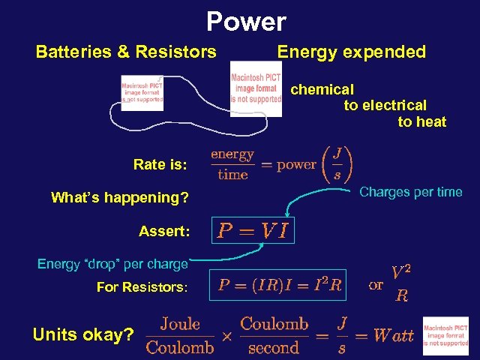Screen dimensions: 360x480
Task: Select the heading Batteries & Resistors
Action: (x=126, y=52)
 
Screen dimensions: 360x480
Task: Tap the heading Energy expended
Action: (x=351, y=52)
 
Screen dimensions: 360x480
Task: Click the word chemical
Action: (x=322, y=89)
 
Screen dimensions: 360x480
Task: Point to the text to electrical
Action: (x=385, y=106)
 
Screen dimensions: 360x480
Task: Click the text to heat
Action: (x=421, y=122)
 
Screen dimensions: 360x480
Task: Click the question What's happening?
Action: (x=119, y=198)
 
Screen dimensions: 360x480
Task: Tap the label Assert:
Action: (x=163, y=232)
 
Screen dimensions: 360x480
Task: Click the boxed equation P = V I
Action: (x=253, y=231)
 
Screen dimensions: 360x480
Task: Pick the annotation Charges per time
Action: (x=410, y=192)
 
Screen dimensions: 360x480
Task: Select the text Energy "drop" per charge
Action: (x=112, y=263)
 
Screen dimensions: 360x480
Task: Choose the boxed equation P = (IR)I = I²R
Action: (x=280, y=285)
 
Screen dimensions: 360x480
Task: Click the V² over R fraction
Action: (x=402, y=283)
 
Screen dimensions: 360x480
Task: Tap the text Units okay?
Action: (x=83, y=334)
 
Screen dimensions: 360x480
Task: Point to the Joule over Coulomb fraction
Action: (x=180, y=335)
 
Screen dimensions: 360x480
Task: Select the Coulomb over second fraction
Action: (x=274, y=335)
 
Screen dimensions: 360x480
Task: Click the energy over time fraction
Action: (x=232, y=164)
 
